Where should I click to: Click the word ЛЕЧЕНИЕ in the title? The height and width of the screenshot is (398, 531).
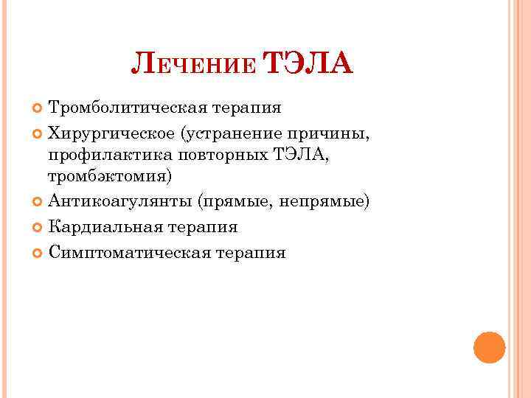pos(194,67)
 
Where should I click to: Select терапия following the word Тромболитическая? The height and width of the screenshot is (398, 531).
pos(247,108)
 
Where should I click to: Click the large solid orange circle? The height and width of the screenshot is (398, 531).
pos(489,347)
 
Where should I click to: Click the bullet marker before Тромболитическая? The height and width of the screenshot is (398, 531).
pos(38,109)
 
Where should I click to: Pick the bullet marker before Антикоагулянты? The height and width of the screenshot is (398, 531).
pos(38,202)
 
